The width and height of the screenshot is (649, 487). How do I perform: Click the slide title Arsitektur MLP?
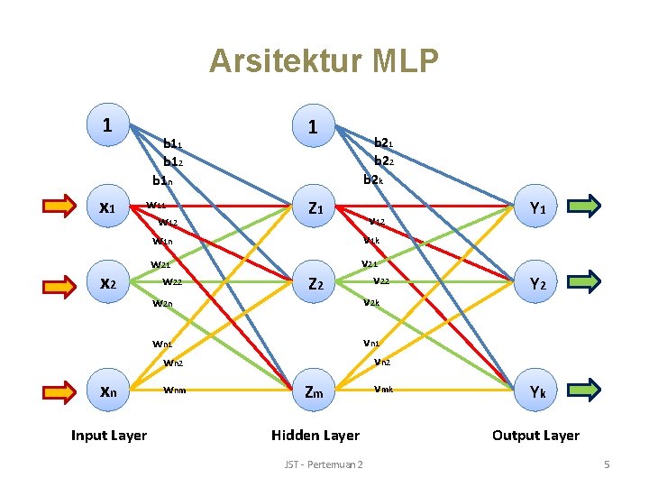(324, 61)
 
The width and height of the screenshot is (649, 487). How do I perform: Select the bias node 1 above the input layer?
(108, 124)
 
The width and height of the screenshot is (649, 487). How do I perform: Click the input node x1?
(108, 207)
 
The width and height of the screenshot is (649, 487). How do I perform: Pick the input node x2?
(108, 283)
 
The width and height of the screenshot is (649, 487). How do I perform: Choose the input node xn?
(108, 391)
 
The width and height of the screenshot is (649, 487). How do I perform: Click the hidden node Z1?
(315, 208)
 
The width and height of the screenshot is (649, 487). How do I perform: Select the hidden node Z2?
(315, 283)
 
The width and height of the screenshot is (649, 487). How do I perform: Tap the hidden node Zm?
(315, 391)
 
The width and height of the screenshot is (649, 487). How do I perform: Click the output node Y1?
(537, 208)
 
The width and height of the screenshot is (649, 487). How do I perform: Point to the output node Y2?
(537, 283)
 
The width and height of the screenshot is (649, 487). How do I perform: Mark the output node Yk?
(537, 391)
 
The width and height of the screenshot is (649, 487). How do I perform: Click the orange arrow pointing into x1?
(59, 207)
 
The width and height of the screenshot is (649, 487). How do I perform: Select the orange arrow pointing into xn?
(59, 391)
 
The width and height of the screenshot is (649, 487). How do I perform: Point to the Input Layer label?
(108, 436)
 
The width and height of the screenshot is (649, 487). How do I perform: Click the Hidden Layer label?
(315, 436)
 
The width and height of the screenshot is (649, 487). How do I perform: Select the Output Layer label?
(535, 436)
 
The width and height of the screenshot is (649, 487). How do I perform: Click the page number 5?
(607, 464)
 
